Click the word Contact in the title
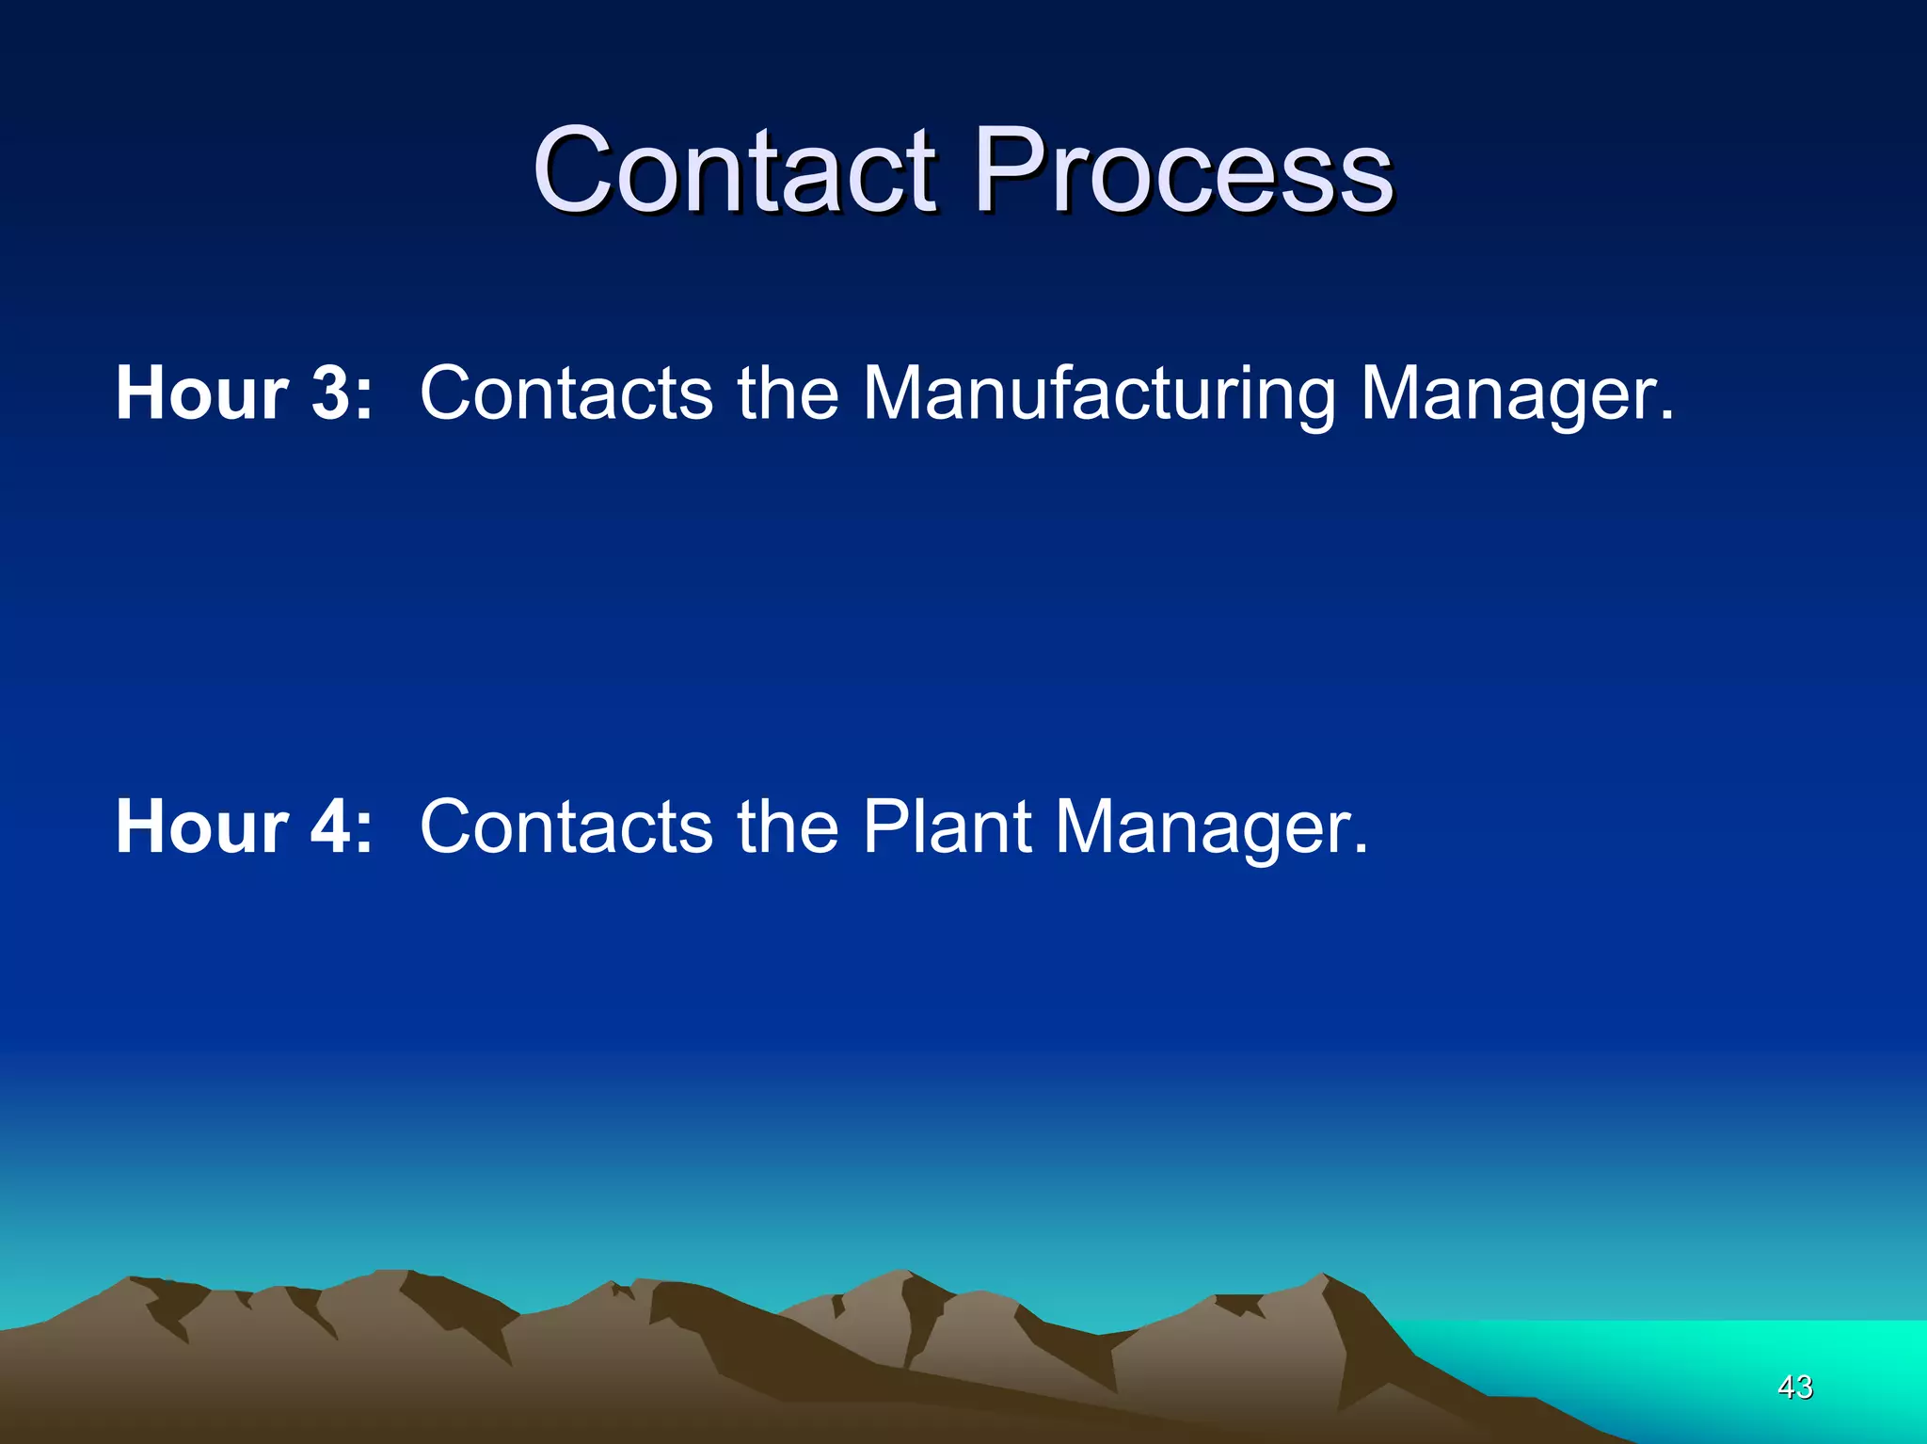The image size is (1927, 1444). pos(735,171)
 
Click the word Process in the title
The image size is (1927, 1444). pos(1183,171)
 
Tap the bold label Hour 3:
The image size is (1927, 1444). pos(244,393)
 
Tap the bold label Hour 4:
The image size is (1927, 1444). pos(244,826)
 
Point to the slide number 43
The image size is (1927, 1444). pos(1794,1387)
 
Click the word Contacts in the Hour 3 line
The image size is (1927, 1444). pos(565,393)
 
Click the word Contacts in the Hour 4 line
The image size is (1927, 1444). pos(565,826)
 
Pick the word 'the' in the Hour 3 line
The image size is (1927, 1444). pos(788,393)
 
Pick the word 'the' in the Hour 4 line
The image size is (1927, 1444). pos(788,826)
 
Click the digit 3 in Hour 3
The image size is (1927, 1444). pos(330,393)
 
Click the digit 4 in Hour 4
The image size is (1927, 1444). pos(330,826)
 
